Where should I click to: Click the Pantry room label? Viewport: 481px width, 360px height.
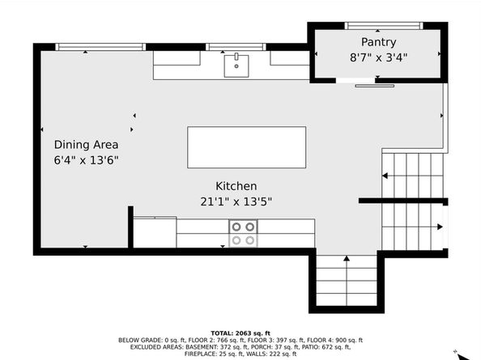coord(378,42)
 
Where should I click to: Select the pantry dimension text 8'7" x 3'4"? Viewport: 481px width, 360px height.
coord(378,57)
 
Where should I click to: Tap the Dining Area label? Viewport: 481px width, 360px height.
coord(86,145)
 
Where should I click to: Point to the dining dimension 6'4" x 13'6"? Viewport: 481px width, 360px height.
coord(86,160)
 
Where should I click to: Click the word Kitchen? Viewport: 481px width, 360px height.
coord(236,186)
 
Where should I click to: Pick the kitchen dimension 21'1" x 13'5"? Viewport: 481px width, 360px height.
coord(236,201)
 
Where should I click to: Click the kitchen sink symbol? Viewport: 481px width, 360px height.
coord(236,66)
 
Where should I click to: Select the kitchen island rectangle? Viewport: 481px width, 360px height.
coord(247,147)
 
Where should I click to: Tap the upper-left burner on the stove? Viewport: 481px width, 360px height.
coord(236,227)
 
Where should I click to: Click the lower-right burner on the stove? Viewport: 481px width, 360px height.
coord(250,240)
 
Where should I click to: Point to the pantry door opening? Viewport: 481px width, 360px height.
coord(355,81)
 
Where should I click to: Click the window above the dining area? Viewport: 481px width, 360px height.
coord(100,47)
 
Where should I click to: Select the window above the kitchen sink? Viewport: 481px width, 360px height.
coord(236,47)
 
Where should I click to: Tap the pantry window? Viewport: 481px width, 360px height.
coord(384,26)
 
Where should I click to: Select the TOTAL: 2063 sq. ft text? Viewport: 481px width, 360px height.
coord(240,333)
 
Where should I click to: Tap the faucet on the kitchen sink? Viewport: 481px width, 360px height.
coord(236,57)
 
